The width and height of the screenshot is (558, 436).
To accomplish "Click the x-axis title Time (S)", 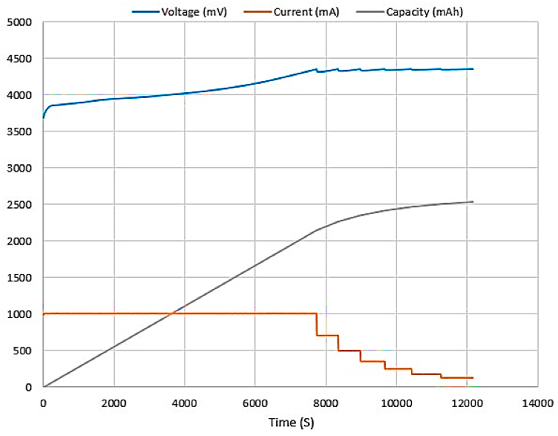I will coord(291,422).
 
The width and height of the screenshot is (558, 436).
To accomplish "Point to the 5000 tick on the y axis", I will coord(19,22).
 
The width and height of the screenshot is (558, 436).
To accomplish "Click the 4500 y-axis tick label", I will coord(19,59).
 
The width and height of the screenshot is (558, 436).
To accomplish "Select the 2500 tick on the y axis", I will coord(19,205).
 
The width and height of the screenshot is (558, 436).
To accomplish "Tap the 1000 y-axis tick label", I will coord(19,314).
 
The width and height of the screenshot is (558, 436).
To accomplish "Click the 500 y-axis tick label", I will coord(23,351).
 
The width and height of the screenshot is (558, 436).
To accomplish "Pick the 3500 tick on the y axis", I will coord(19,132).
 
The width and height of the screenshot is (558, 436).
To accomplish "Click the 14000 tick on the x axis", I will coord(537,403).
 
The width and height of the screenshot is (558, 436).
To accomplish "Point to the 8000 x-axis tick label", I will coord(326,403).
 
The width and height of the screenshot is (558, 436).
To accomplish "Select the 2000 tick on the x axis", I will coord(114,403).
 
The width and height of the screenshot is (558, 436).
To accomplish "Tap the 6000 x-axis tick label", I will coord(255,403).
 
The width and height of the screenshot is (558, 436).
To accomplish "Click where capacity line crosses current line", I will coord(172,313).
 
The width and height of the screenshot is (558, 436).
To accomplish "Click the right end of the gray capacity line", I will coord(473,202).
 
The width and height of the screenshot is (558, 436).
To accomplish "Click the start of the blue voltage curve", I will coord(43,118).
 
